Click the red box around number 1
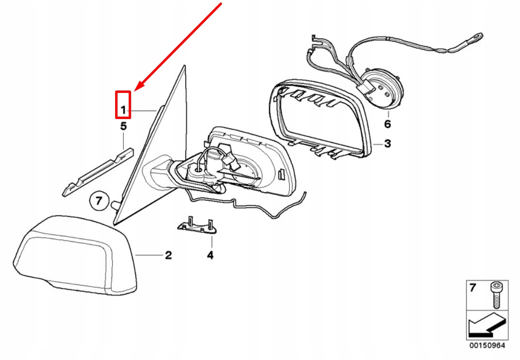coord(123,105)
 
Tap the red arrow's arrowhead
coord(139,86)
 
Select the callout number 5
coord(123,126)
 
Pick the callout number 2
coord(168,255)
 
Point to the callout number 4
coord(210,255)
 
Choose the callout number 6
coord(387,124)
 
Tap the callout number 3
coord(387,144)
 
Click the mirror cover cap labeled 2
coord(75,255)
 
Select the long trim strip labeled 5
coord(98,172)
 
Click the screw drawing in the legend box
coord(496,295)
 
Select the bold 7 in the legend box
coord(473,287)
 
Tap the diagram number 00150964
coord(487,346)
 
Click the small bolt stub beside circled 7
coord(115,204)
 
